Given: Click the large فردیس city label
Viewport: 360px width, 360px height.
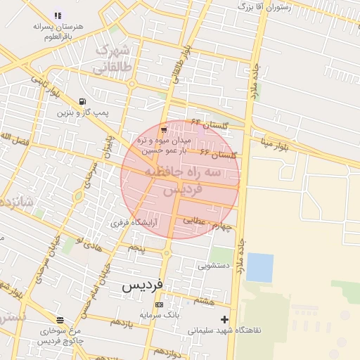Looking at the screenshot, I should tap(143, 285).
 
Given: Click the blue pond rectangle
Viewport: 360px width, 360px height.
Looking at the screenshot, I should tap(259, 267).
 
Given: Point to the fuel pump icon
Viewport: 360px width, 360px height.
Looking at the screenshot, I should tap(83, 101).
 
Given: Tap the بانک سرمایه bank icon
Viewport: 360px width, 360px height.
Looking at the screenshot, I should tap(159, 304).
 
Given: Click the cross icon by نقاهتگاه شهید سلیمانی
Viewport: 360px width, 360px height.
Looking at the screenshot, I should tap(224, 320).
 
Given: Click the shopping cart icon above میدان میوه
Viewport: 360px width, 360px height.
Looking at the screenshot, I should tap(164, 130).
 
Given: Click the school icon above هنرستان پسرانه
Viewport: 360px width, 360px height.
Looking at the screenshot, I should tap(58, 15).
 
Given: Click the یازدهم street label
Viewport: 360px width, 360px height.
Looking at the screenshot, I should tap(120, 321).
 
